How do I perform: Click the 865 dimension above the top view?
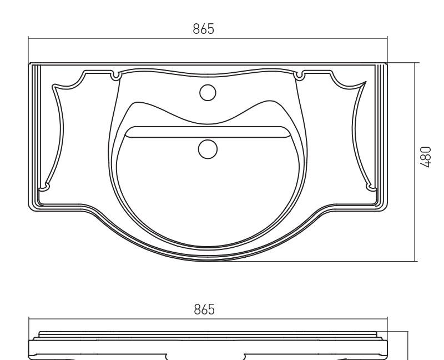tap(203, 29)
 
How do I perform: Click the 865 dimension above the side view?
tap(204, 309)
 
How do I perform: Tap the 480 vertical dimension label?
tap(425, 157)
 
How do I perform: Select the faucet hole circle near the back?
tap(208, 93)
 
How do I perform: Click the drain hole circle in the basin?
tap(208, 149)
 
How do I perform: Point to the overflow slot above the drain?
tap(208, 132)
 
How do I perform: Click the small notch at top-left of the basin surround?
tap(115, 76)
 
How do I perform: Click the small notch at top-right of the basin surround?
tap(299, 76)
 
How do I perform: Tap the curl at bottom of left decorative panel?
tap(44, 187)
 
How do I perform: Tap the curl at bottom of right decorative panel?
tap(371, 188)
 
